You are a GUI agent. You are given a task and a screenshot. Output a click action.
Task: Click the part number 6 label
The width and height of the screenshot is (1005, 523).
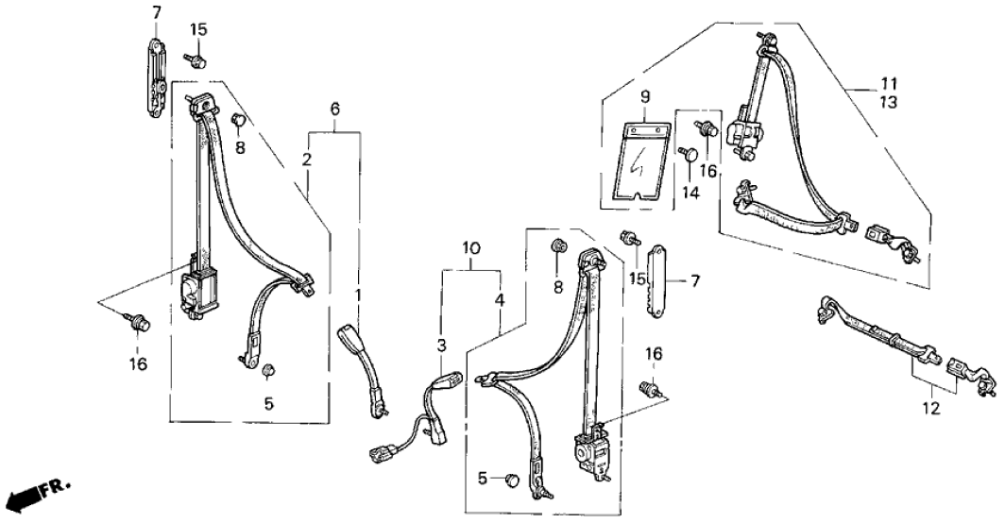(x=334, y=110)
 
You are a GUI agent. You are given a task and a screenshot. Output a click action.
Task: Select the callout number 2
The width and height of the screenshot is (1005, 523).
(x=307, y=160)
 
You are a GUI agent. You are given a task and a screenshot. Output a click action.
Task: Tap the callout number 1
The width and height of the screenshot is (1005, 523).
(x=357, y=296)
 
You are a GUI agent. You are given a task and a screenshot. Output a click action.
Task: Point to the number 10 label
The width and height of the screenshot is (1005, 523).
(x=472, y=249)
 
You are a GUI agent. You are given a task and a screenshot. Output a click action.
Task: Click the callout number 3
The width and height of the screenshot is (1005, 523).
(x=441, y=346)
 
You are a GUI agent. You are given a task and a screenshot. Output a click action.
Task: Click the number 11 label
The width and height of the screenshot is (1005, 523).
(x=890, y=83)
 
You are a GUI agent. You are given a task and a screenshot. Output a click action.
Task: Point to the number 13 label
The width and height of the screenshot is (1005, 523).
(x=890, y=101)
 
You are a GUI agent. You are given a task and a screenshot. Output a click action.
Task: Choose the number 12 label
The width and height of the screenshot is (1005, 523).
(x=931, y=410)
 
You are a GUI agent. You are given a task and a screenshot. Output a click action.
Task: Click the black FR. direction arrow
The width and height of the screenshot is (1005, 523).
(x=28, y=495)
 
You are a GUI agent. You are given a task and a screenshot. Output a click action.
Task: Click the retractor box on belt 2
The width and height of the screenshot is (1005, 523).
(x=197, y=287)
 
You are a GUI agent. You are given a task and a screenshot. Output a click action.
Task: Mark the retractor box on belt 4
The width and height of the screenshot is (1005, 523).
(x=592, y=453)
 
